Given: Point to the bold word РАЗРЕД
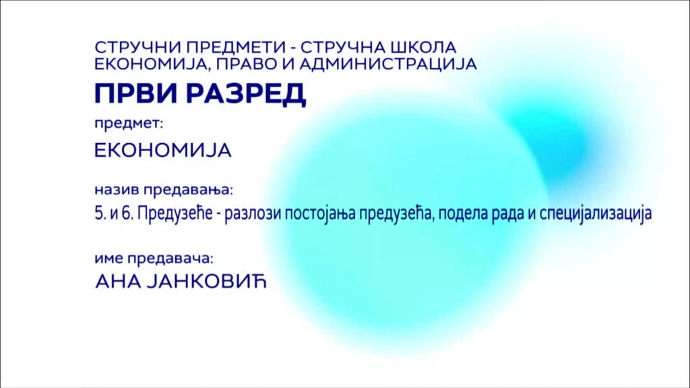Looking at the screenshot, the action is point(247,94).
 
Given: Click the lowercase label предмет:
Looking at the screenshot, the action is point(129,125).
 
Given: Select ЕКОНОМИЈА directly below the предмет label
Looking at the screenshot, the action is point(163,151).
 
